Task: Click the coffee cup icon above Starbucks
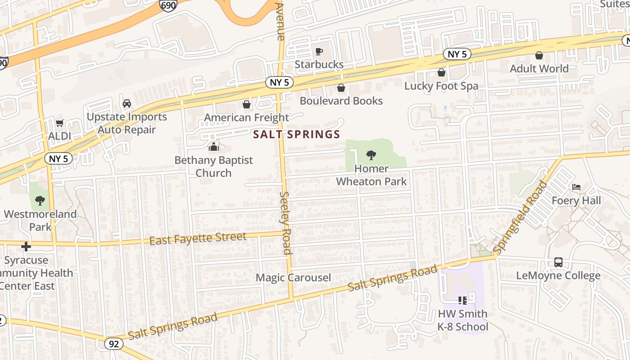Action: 319,51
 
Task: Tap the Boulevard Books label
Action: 341,101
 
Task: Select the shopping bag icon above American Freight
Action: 247,105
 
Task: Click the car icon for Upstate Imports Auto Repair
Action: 127,103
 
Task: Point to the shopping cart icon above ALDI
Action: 59,123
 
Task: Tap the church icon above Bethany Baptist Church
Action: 213,147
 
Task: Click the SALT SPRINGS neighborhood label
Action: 297,134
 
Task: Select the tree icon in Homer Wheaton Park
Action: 371,155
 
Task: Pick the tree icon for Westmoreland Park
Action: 40,201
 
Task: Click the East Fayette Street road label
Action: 198,239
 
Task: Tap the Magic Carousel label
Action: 293,278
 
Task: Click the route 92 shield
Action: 114,344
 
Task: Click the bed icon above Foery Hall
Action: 576,187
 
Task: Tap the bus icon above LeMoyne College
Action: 558,262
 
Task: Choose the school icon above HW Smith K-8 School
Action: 462,300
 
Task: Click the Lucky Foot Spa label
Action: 441,86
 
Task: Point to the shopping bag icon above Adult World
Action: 539,55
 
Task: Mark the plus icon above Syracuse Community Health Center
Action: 26,247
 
